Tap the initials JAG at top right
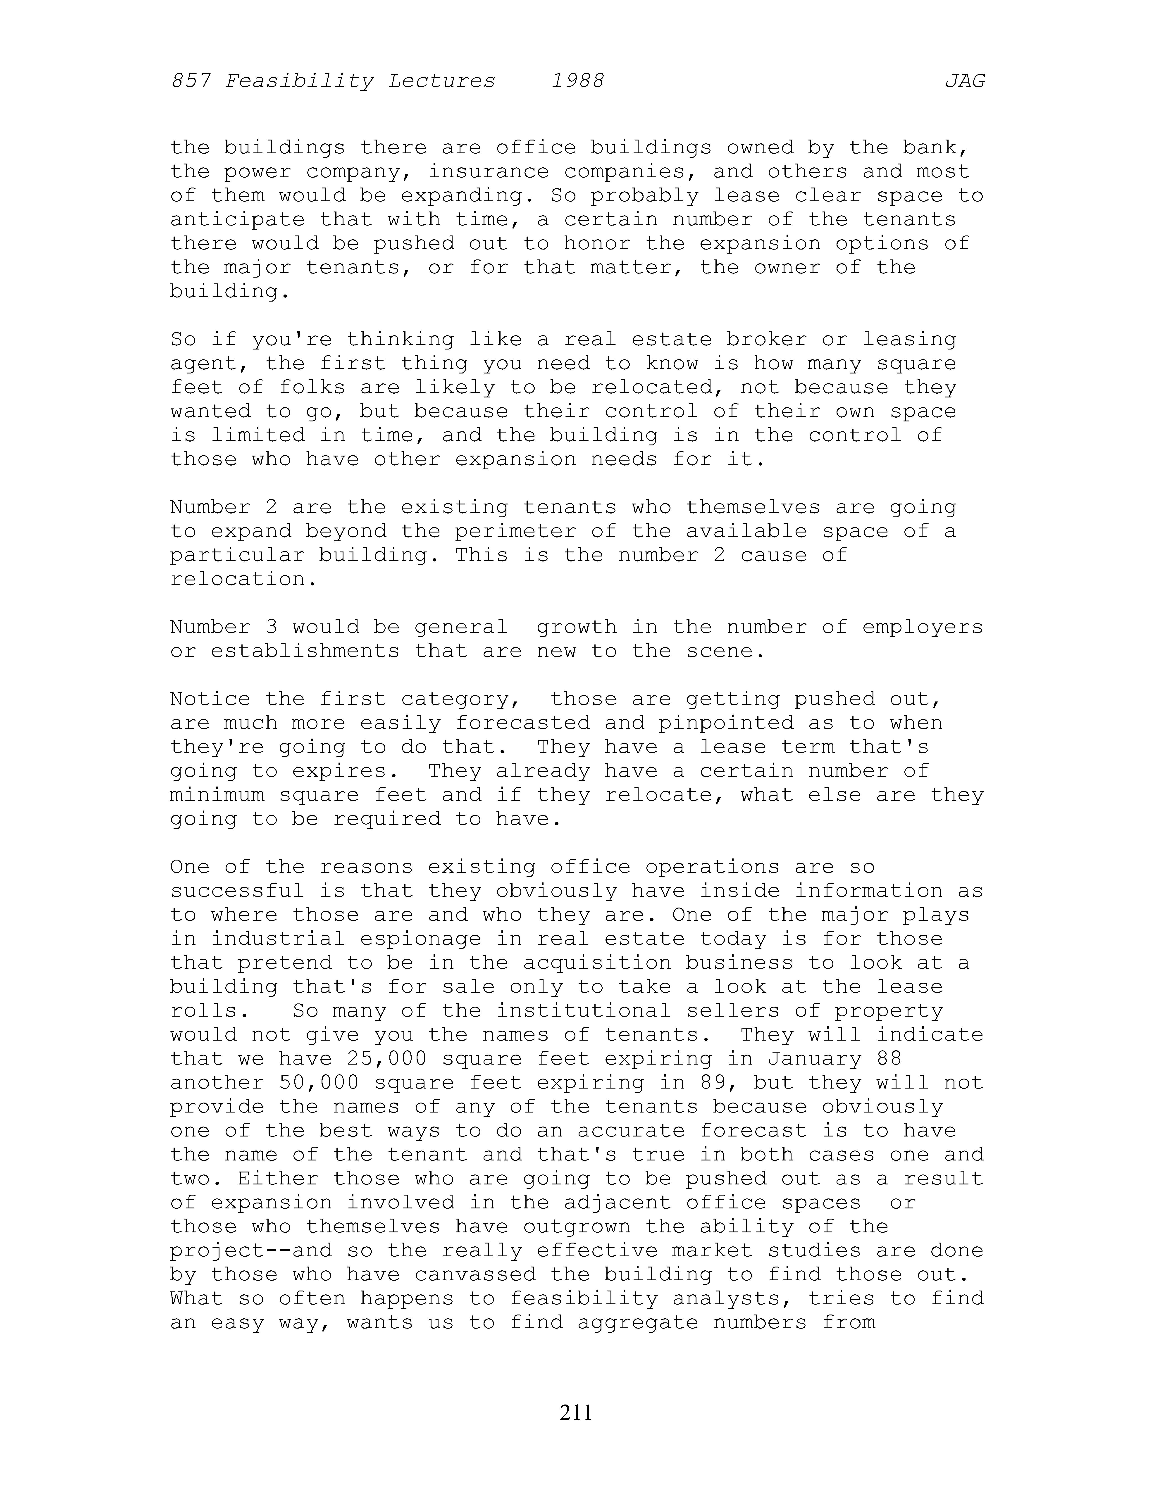click(x=965, y=81)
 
